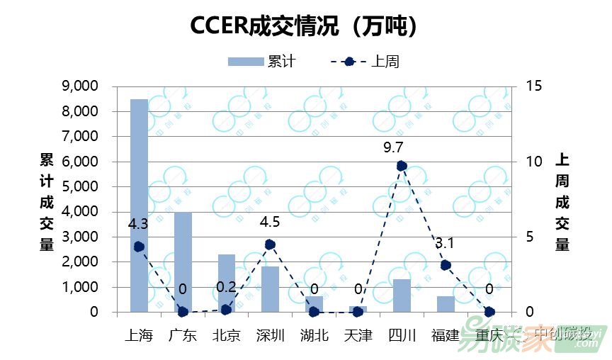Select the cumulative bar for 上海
[x=139, y=206]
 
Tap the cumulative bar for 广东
[x=183, y=262]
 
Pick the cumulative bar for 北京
[x=227, y=283]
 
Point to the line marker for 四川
[x=402, y=166]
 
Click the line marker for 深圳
[x=270, y=244]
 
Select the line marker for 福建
[x=446, y=265]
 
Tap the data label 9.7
[x=393, y=147]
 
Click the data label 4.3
[x=138, y=224]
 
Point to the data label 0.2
[x=227, y=287]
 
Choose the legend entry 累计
[x=261, y=62]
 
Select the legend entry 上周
[x=365, y=62]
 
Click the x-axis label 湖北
[x=314, y=335]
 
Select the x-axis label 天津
[x=358, y=335]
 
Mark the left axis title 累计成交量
[x=47, y=201]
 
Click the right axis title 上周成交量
[x=562, y=201]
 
